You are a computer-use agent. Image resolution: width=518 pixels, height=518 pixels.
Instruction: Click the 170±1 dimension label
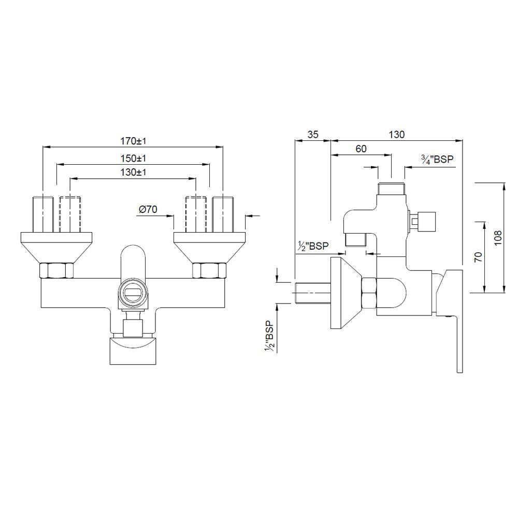[x=133, y=141]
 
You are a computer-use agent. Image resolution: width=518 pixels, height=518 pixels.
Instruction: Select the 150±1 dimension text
[x=133, y=158]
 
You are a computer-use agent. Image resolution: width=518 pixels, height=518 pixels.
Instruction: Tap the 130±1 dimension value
[x=133, y=172]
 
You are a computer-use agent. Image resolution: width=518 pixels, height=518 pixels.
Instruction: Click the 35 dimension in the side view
[x=312, y=134]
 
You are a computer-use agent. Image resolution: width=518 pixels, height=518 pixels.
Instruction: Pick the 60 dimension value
[x=361, y=149]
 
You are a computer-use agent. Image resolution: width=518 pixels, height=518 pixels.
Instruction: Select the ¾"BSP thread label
[x=437, y=160]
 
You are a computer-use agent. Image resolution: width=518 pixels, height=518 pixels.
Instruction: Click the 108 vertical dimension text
[x=498, y=238]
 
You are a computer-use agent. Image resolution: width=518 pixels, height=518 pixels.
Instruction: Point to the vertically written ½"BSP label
[x=269, y=337]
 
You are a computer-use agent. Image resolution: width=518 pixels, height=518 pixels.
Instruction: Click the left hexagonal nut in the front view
[x=57, y=270]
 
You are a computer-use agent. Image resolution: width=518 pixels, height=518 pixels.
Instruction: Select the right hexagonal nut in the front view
[x=209, y=270]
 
